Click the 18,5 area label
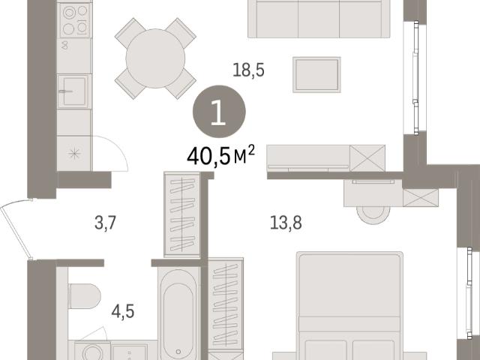tap(248, 70)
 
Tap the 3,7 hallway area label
tap(105, 223)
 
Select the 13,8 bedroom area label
tap(286, 223)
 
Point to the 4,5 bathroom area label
tap(123, 312)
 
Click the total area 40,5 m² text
tap(220, 155)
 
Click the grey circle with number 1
tap(219, 112)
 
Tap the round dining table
tap(155, 58)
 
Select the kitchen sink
tap(74, 91)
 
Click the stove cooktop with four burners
tap(75, 21)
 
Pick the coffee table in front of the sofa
tap(316, 75)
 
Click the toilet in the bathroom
tap(84, 296)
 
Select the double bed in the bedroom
tap(349, 306)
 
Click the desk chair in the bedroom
tap(373, 215)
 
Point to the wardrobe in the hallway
tap(182, 214)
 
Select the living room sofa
tap(319, 19)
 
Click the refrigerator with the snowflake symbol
tap(74, 153)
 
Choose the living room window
tap(415, 78)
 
